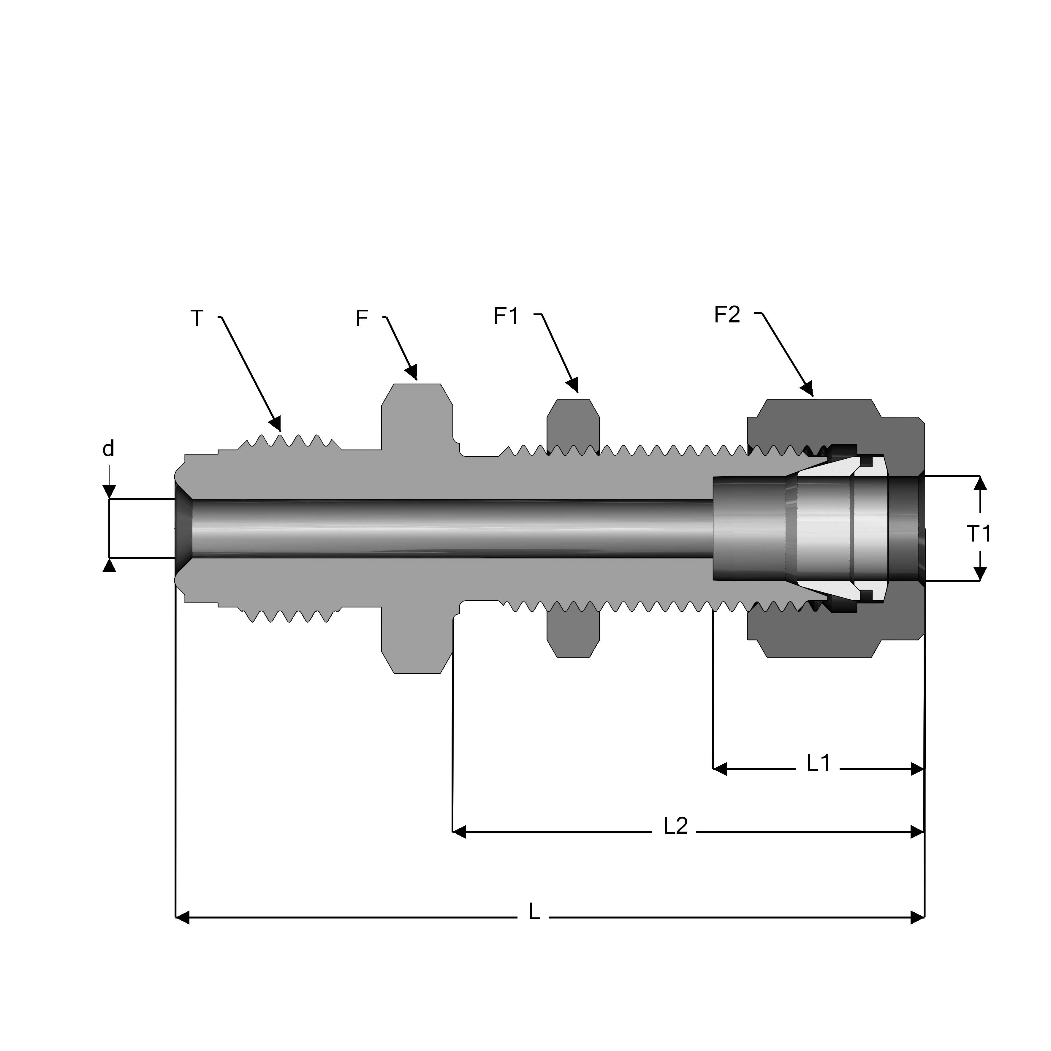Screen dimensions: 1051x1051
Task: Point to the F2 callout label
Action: point(727,315)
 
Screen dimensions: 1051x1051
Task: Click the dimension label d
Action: point(109,449)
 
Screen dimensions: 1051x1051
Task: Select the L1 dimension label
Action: point(818,763)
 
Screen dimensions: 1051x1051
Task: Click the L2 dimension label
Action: point(676,826)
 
